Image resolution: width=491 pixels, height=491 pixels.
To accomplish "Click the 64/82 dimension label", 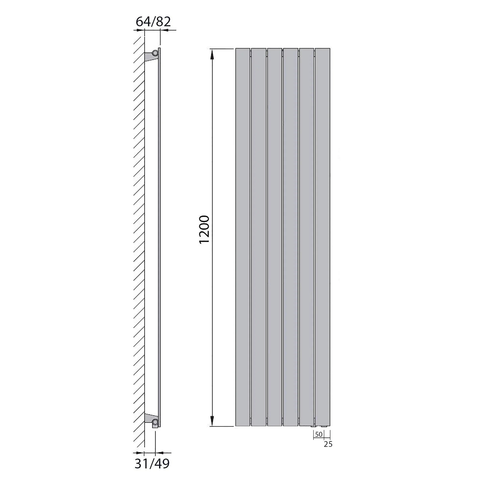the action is (x=153, y=22).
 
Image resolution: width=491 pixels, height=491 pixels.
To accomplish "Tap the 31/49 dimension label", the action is (x=152, y=464).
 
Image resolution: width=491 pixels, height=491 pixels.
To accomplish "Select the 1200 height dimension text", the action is (x=204, y=230).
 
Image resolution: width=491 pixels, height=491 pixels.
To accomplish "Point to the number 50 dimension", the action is (x=319, y=434).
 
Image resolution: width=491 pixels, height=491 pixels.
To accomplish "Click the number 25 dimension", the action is (x=328, y=444).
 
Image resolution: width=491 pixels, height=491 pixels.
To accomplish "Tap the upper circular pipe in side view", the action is (x=155, y=53).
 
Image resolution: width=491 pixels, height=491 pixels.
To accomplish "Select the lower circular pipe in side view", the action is (x=155, y=422).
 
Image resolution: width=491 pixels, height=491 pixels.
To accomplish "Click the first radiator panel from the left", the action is (x=243, y=237).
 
